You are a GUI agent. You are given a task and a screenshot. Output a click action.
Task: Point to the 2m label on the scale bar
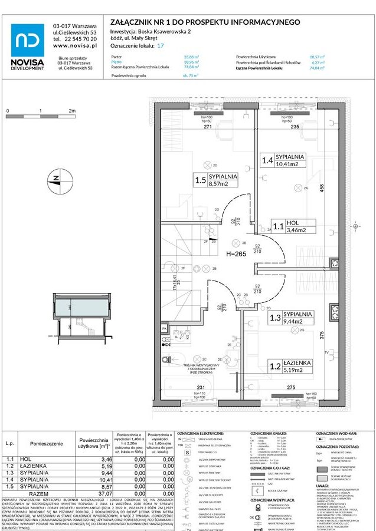click(72, 111)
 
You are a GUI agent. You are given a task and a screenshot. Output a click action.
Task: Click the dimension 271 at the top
click(208, 127)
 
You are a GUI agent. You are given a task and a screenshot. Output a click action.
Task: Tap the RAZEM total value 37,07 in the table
click(105, 494)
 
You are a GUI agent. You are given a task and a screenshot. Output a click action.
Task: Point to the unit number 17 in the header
click(161, 45)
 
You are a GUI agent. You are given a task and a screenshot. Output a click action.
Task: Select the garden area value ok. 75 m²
click(191, 76)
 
